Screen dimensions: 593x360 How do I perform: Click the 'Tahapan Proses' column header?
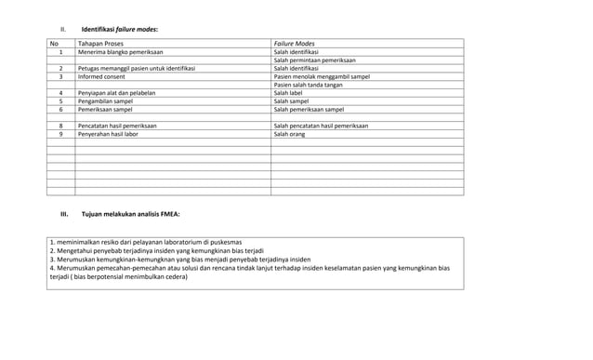point(101,44)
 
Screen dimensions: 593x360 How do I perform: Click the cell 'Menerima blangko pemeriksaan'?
point(122,52)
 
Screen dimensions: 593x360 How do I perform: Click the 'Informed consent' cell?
point(103,77)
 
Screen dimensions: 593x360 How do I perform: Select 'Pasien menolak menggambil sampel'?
point(322,77)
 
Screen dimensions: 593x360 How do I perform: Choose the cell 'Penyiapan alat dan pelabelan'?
point(116,94)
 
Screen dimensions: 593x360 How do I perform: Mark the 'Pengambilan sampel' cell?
point(107,101)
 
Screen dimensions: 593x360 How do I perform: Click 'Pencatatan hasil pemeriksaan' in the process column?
point(117,126)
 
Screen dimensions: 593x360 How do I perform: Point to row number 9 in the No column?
point(60,134)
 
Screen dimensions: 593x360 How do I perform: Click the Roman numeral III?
point(65,215)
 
